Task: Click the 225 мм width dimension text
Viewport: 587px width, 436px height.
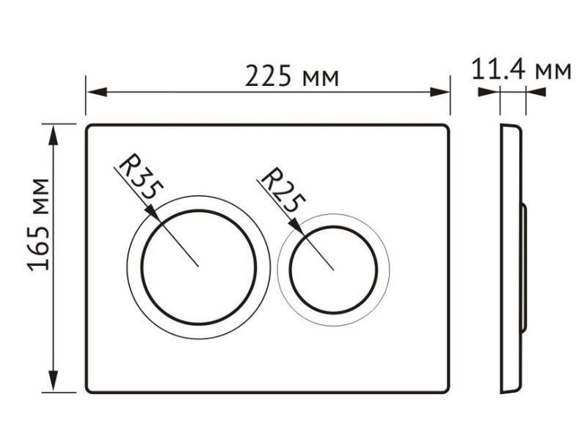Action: coord(291,76)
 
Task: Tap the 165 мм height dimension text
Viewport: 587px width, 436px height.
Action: coord(38,225)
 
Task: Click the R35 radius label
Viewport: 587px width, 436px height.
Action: coord(141,176)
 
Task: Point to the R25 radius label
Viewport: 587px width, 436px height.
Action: coord(282,190)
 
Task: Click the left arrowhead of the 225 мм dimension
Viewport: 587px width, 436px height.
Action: coord(97,92)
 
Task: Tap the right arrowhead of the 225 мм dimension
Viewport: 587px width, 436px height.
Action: coord(440,92)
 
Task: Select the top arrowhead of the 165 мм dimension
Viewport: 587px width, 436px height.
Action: coord(54,135)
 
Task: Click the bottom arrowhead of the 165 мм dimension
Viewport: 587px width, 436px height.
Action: coord(54,381)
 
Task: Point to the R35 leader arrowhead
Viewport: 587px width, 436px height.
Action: coord(153,213)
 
